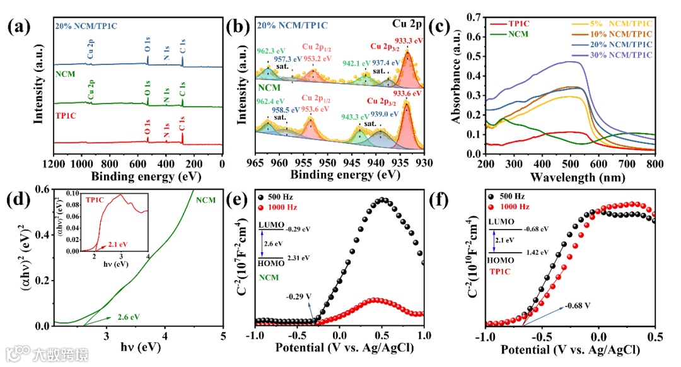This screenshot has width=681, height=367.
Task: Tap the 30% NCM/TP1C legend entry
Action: click(622, 55)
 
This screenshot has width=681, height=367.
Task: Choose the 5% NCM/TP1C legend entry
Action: click(622, 23)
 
